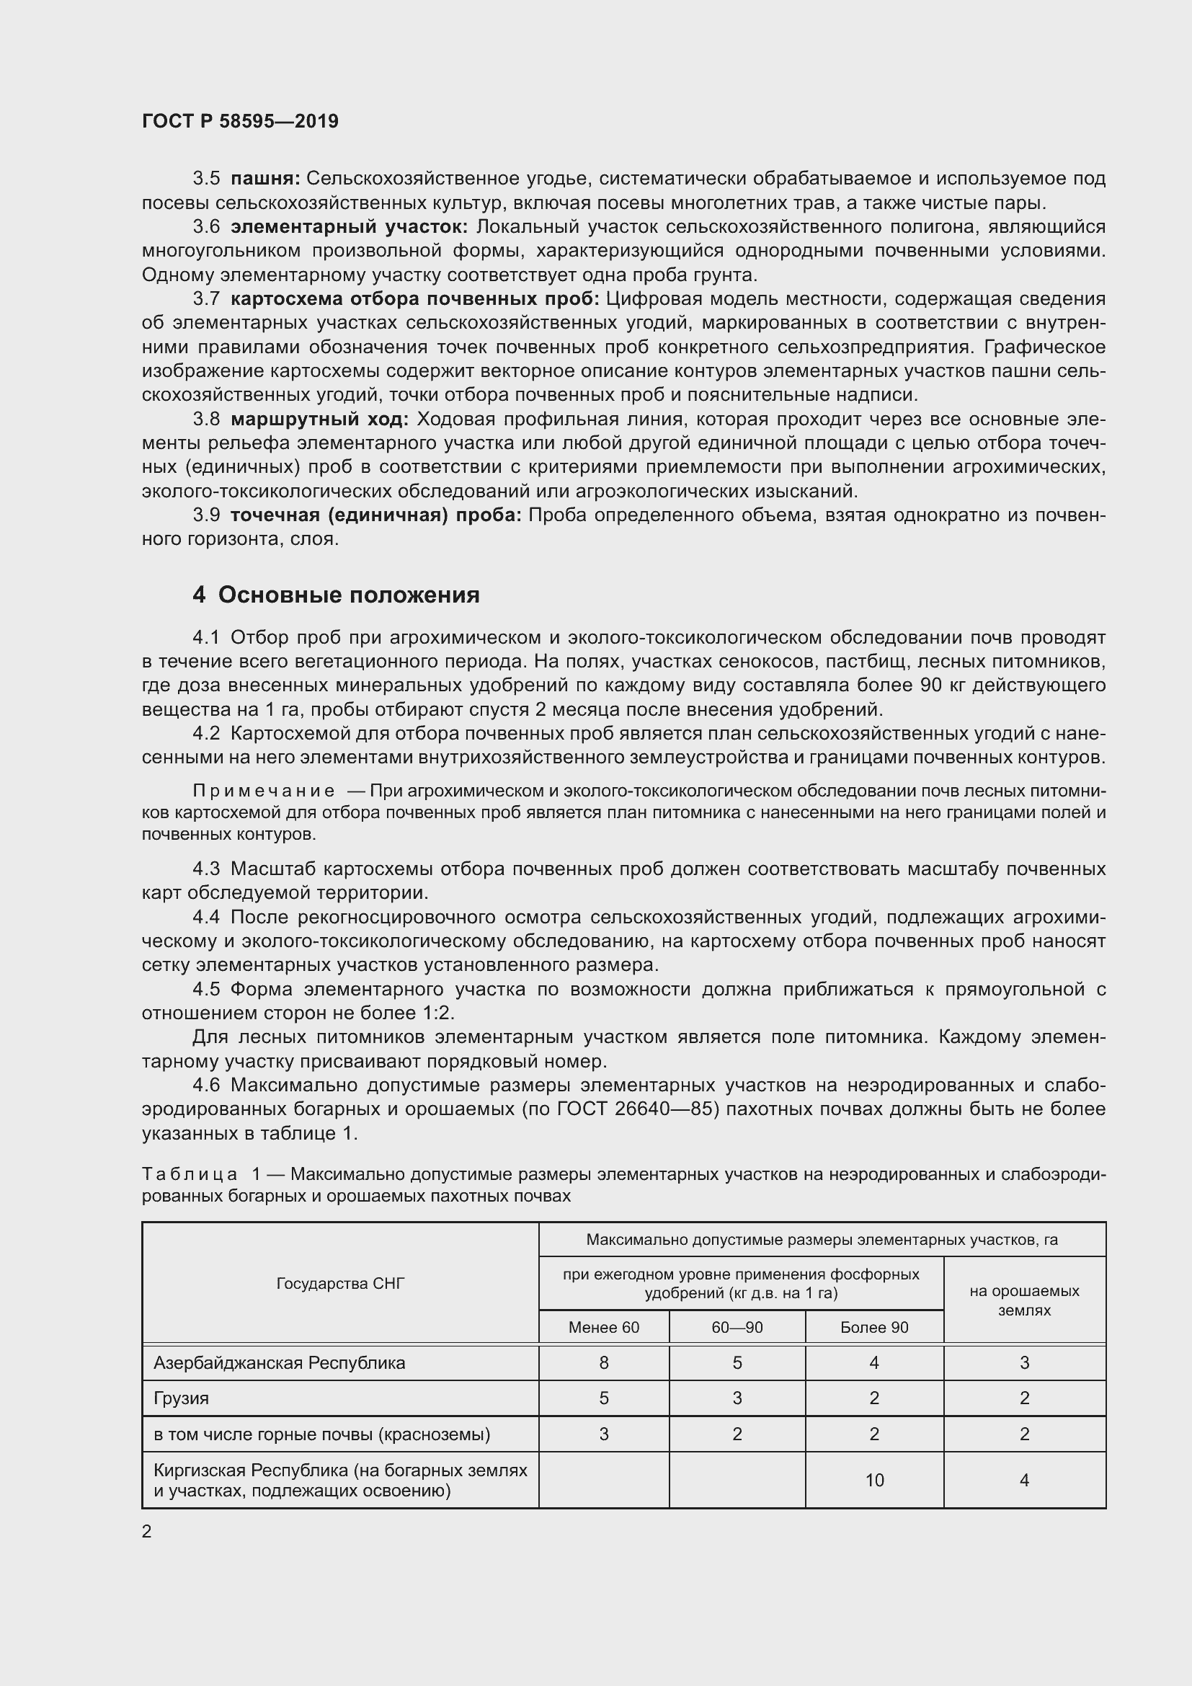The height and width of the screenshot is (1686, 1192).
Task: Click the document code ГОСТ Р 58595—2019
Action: tap(240, 121)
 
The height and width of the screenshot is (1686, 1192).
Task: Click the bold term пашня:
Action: tap(265, 179)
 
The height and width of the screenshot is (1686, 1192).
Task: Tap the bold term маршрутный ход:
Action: tap(319, 420)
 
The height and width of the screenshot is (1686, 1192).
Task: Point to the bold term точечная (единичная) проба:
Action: tap(375, 515)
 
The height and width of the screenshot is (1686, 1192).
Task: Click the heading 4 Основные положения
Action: tap(336, 594)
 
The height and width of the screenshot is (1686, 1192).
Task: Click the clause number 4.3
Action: tap(206, 869)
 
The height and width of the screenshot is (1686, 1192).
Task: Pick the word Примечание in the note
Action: tap(264, 791)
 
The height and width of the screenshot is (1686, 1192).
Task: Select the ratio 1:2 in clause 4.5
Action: tap(437, 1013)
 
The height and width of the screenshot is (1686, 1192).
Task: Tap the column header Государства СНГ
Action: tap(341, 1283)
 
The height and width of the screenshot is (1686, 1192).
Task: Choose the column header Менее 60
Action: tap(603, 1327)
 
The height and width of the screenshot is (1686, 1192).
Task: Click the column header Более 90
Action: tap(873, 1327)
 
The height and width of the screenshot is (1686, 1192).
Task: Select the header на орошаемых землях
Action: tap(1024, 1300)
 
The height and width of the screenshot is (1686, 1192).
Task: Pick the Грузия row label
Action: tap(182, 1398)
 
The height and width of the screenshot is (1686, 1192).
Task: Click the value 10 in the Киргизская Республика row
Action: tap(873, 1480)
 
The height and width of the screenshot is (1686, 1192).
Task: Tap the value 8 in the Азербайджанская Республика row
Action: tap(603, 1363)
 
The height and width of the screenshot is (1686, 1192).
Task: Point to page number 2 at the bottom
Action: tap(147, 1532)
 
